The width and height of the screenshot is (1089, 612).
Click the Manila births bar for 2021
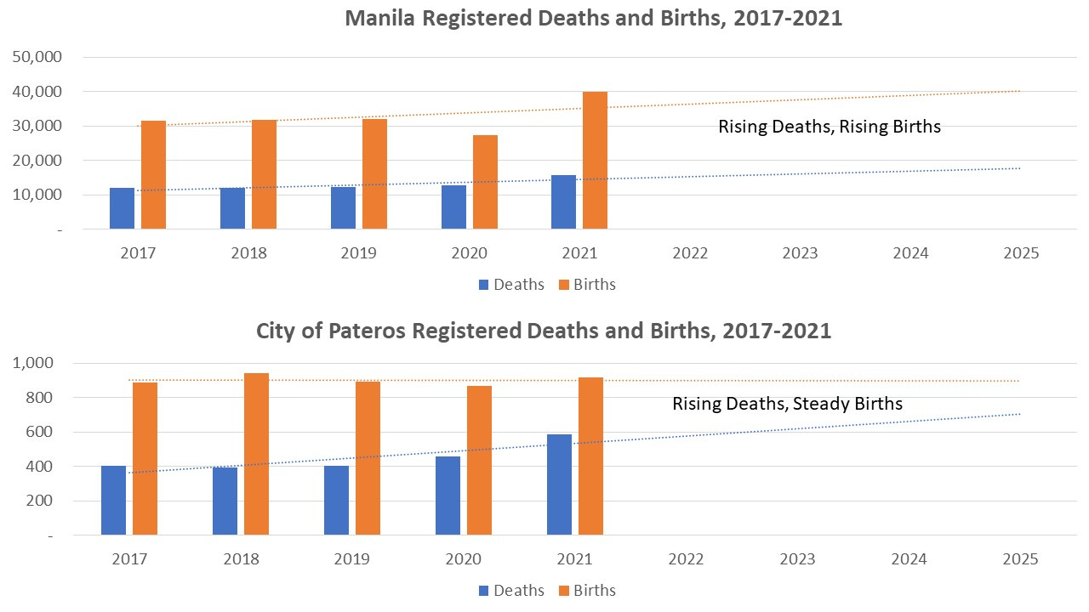[x=595, y=161]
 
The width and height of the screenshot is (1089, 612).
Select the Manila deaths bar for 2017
[x=122, y=208]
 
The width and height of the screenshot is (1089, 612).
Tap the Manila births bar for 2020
[x=485, y=182]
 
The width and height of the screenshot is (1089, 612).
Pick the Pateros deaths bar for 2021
[x=559, y=484]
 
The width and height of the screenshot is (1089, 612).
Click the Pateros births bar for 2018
[x=256, y=454]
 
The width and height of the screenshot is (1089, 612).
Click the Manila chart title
[x=593, y=18]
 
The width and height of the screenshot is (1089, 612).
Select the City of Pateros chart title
[x=544, y=331]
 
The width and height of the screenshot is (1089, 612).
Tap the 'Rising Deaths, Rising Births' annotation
[x=830, y=127]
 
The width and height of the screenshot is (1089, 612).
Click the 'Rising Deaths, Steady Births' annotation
[x=787, y=403]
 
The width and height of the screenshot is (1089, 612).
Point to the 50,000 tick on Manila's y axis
[x=36, y=57]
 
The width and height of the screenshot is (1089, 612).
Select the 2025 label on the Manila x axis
[x=1020, y=253]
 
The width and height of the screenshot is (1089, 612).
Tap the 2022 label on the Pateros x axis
[x=686, y=559]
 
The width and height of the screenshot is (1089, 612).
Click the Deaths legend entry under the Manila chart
[x=510, y=285]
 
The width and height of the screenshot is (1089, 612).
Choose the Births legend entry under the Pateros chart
[x=586, y=590]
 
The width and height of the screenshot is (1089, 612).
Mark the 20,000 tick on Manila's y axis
[x=36, y=161]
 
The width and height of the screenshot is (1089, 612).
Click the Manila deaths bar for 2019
[x=343, y=207]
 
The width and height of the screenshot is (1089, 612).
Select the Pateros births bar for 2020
[x=479, y=460]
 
